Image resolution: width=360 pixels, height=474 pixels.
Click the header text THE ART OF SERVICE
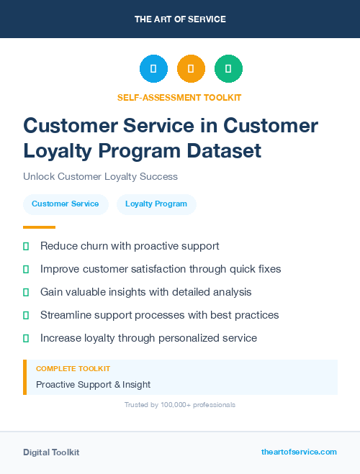pyautogui.click(x=180, y=19)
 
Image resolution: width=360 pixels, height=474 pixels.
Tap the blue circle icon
pyautogui.click(x=153, y=68)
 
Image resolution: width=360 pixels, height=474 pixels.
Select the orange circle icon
pyautogui.click(x=191, y=68)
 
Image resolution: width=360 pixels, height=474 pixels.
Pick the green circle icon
pyautogui.click(x=228, y=68)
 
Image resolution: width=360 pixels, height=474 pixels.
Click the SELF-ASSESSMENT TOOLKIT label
pyautogui.click(x=179, y=97)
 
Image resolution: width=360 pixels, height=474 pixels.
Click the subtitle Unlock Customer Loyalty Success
pyautogui.click(x=100, y=176)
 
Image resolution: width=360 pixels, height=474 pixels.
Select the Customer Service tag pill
pyautogui.click(x=66, y=204)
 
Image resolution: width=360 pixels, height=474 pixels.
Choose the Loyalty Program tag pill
pyautogui.click(x=156, y=204)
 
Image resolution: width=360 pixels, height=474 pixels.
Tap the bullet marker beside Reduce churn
pyautogui.click(x=26, y=246)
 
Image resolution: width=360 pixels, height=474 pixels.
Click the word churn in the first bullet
pyautogui.click(x=95, y=246)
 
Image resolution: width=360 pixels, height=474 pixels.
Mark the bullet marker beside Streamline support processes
pyautogui.click(x=26, y=315)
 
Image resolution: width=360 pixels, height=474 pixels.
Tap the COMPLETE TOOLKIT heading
pyautogui.click(x=73, y=369)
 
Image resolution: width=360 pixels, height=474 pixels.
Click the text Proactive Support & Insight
pyautogui.click(x=93, y=384)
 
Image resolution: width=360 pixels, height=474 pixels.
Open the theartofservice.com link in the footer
pyautogui.click(x=299, y=452)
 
